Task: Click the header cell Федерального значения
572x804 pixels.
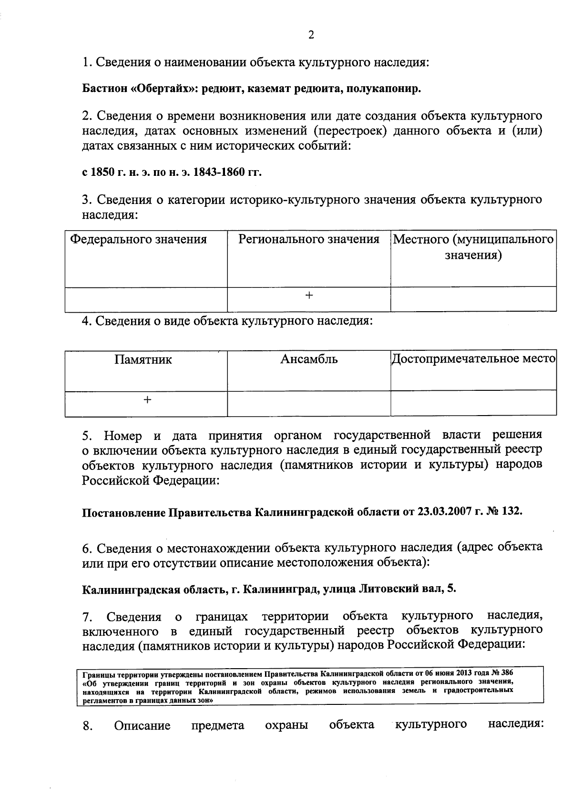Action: click(x=139, y=239)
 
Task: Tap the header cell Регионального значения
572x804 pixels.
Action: click(x=309, y=239)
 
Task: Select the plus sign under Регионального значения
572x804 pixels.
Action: click(x=309, y=296)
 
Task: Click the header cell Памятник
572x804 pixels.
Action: click(x=143, y=359)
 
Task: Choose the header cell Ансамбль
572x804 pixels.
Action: click(x=309, y=359)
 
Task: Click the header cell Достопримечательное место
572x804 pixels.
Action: click(x=473, y=358)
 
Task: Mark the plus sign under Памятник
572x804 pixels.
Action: click(x=147, y=400)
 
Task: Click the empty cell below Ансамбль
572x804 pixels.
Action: click(x=309, y=403)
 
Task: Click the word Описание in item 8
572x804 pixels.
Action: click(x=142, y=726)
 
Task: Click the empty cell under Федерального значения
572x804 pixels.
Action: click(x=146, y=299)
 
